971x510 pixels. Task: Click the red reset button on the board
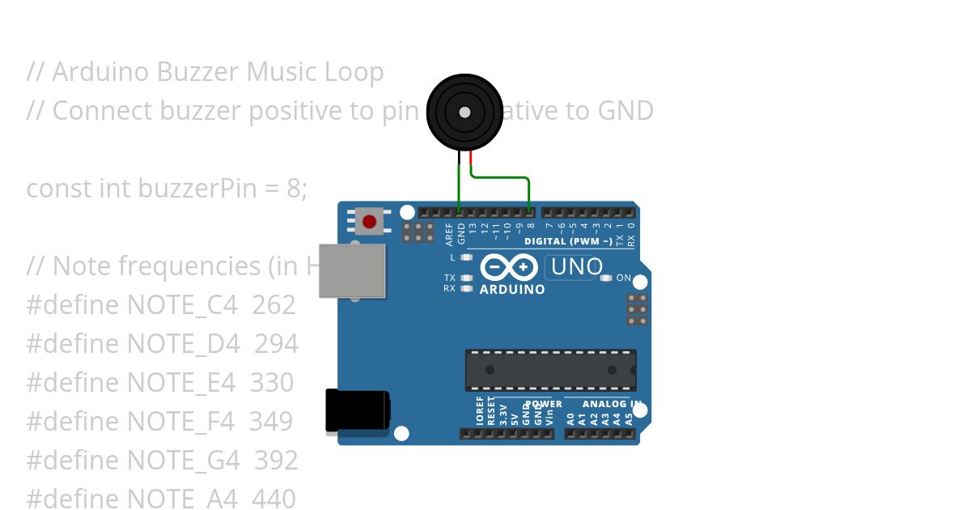coord(369,221)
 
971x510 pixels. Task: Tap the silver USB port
coord(352,271)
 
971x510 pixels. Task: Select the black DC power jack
coord(357,410)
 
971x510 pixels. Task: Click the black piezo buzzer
coord(464,113)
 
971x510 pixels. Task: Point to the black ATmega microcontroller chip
coord(550,370)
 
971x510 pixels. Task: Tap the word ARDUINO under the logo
coord(512,289)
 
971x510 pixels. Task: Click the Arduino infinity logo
coord(509,266)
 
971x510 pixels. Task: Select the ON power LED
coord(606,278)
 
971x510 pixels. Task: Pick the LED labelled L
coord(465,257)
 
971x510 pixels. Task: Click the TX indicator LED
coord(465,278)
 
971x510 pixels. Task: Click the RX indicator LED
coord(465,288)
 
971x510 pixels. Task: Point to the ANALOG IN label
coord(613,404)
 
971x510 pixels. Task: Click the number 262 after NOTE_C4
coord(273,305)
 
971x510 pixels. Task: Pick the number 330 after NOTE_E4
coord(272,382)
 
